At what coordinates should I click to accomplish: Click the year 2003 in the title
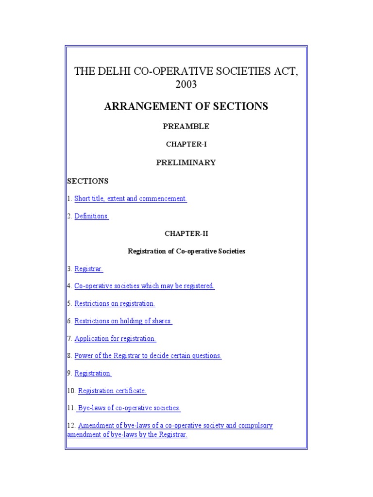[x=186, y=84]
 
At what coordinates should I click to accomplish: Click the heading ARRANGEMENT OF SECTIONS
[x=186, y=106]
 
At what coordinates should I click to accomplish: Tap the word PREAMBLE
[x=186, y=126]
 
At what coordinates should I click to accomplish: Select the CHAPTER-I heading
[x=186, y=144]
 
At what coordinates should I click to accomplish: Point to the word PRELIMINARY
[x=186, y=163]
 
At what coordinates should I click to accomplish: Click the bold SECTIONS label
[x=87, y=181]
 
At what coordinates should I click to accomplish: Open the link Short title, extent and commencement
[x=130, y=199]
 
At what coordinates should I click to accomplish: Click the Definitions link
[x=92, y=216]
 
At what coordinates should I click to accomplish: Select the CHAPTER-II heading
[x=186, y=233]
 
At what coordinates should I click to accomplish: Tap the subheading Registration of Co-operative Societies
[x=186, y=251]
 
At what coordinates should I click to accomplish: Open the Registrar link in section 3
[x=89, y=268]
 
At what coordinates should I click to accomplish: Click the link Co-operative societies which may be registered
[x=144, y=286]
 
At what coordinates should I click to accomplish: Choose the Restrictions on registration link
[x=115, y=303]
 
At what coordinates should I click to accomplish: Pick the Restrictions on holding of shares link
[x=123, y=321]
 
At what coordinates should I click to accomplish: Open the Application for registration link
[x=115, y=338]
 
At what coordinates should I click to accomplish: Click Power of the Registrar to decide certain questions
[x=148, y=356]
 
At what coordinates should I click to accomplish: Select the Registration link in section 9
[x=93, y=373]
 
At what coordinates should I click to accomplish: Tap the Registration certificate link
[x=112, y=391]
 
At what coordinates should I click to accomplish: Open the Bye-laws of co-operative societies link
[x=129, y=408]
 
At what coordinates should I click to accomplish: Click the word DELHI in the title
[x=112, y=71]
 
